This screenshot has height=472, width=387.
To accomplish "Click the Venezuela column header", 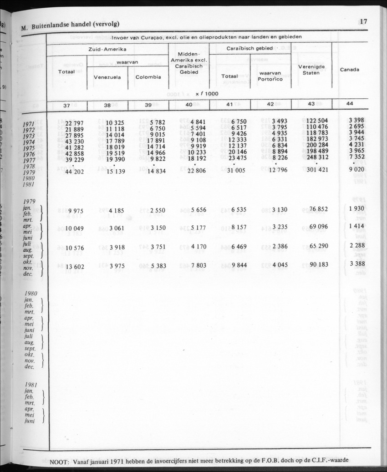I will coord(107,77).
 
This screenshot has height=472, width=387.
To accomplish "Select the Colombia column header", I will coord(148,77).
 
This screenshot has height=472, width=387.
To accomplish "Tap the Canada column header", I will coord(349,70).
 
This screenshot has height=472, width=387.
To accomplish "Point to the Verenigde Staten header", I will coord(311,70).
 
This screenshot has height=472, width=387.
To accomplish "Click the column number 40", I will coord(188,105).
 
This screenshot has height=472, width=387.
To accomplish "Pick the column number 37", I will coord(66,105).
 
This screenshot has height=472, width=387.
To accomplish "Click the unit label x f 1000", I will coord(207,94).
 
